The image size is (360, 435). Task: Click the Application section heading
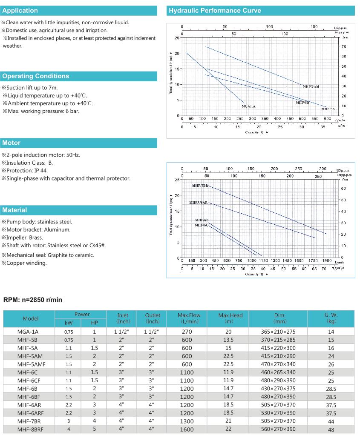click(20, 11)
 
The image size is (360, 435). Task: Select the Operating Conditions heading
click(35, 76)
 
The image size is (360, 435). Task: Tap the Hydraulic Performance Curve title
click(215, 11)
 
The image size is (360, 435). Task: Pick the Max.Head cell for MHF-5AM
click(228, 356)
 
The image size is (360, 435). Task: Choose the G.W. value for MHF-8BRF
click(331, 429)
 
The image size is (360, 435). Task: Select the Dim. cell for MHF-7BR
click(278, 421)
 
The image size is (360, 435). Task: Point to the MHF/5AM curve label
click(311, 86)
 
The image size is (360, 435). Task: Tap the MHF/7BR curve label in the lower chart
click(200, 186)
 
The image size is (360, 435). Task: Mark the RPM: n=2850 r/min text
click(33, 300)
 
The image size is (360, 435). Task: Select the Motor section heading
click(11, 143)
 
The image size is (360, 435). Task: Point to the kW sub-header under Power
click(68, 323)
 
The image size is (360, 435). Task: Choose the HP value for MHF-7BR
click(95, 421)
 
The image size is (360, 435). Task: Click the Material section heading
click(14, 210)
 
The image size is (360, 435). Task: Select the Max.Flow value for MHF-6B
click(187, 389)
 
